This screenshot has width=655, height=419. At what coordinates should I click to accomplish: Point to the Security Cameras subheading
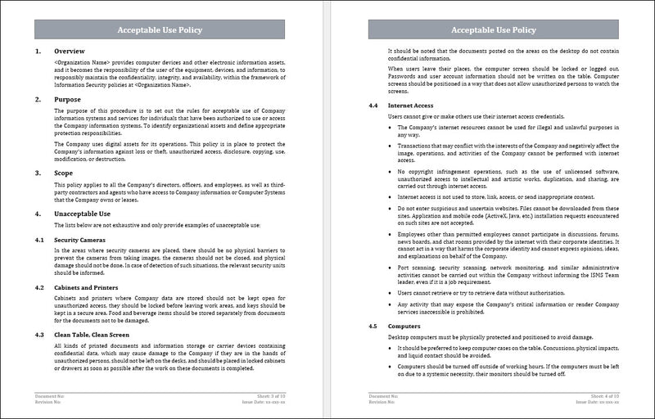click(83, 239)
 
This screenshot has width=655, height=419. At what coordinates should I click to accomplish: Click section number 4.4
click(373, 106)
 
